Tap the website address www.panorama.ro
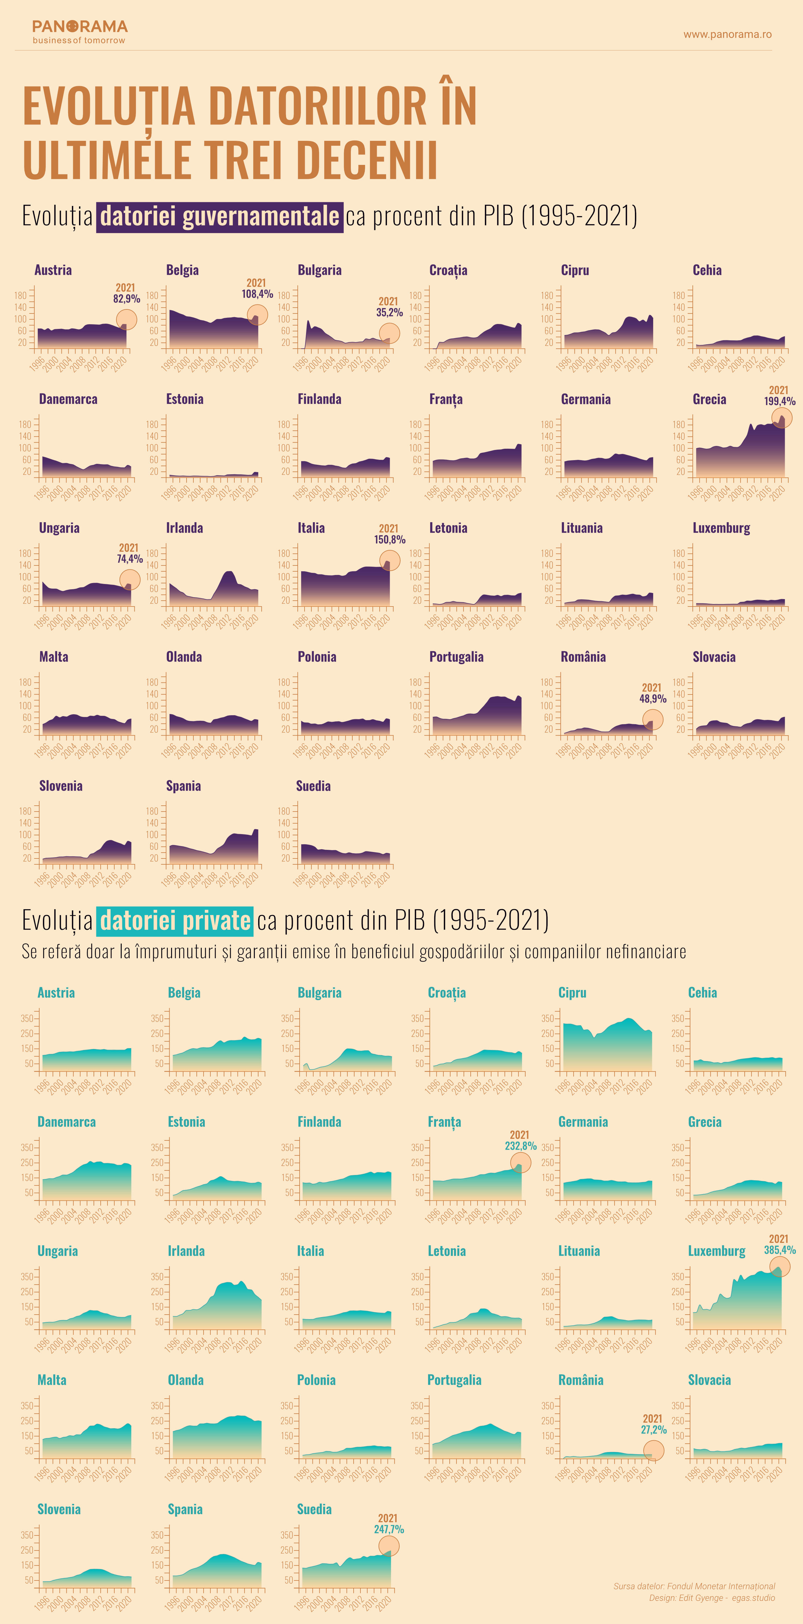point(727,35)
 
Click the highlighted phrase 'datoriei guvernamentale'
point(219,216)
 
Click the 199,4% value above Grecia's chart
point(780,401)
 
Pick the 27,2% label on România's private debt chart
point(654,1430)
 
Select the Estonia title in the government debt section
point(185,399)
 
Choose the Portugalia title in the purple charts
point(456,657)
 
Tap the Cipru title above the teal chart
point(572,993)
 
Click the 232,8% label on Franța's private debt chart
point(521,1146)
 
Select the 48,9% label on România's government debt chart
point(653,699)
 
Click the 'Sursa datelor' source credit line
point(694,1586)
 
